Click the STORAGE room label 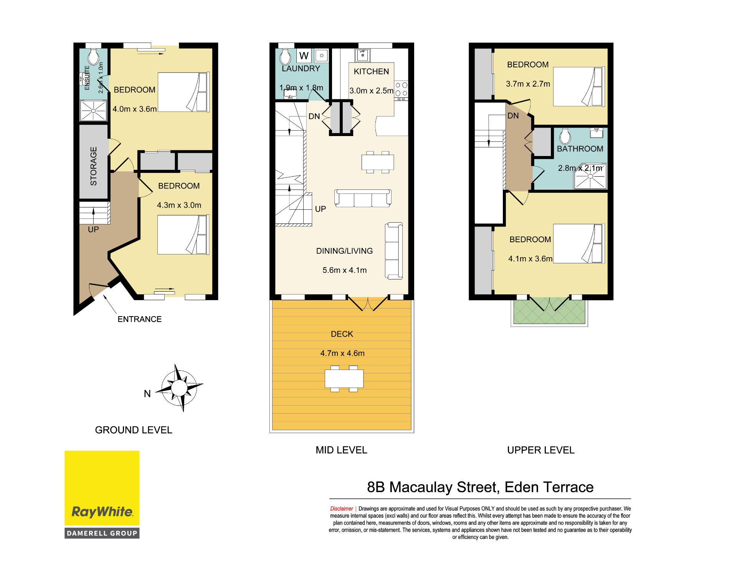point(93,166)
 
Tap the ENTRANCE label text point(139,319)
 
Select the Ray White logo point(102,494)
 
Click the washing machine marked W point(304,56)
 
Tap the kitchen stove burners point(401,90)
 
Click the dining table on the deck point(344,379)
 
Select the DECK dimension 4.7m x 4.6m point(342,353)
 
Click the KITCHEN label point(371,72)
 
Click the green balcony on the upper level point(549,312)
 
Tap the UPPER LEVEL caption point(541,450)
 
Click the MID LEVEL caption point(341,450)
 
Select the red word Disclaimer point(341,509)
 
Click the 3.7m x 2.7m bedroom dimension point(528,84)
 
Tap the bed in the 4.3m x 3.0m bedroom point(183,235)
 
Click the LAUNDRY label point(301,69)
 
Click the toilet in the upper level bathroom point(565,136)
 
